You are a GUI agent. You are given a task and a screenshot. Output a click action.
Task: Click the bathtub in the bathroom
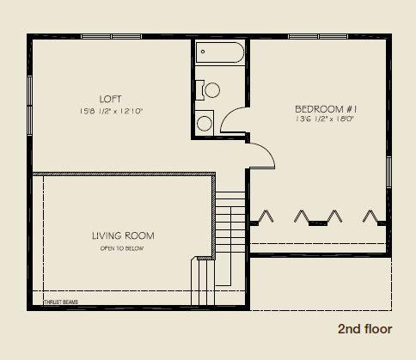[x=219, y=55]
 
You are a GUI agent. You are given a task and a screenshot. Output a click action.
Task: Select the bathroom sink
[x=205, y=124]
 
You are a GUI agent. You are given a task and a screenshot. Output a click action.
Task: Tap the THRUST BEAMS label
[x=60, y=302]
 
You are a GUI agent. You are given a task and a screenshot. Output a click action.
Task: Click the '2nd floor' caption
[x=364, y=329]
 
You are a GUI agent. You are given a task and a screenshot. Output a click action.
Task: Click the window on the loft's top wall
[x=112, y=36]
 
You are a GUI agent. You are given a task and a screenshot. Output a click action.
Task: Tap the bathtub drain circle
[x=203, y=52]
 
